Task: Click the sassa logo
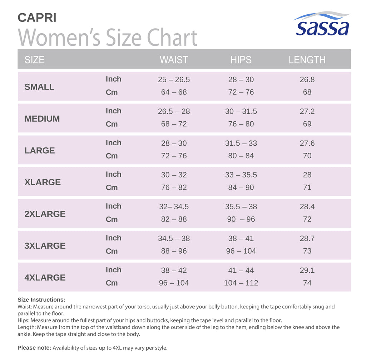(x=322, y=24)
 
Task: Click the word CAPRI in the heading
(x=37, y=18)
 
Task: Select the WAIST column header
(x=174, y=60)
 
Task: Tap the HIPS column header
(x=241, y=60)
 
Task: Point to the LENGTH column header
(x=307, y=60)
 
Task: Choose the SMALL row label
(x=39, y=87)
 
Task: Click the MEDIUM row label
(x=42, y=119)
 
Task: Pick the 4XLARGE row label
(x=45, y=277)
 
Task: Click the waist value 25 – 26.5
(x=174, y=79)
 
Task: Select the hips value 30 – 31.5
(x=241, y=111)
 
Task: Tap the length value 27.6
(x=307, y=143)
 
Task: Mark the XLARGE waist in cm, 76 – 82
(x=174, y=188)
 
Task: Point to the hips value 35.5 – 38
(x=241, y=206)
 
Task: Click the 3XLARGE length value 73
(x=307, y=251)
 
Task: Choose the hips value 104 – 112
(x=241, y=283)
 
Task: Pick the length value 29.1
(x=307, y=270)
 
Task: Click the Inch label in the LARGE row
(x=113, y=142)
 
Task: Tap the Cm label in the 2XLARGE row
(x=112, y=219)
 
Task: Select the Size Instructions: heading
(x=41, y=300)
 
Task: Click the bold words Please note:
(x=34, y=348)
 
